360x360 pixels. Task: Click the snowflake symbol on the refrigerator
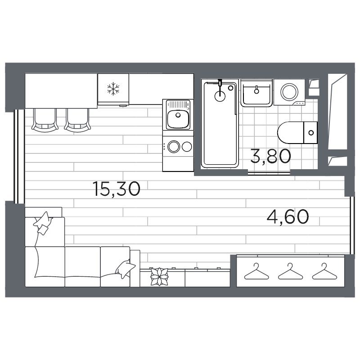click(x=112, y=89)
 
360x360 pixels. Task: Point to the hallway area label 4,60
click(x=288, y=217)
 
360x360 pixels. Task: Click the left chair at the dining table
click(x=45, y=120)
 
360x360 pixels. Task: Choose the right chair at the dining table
click(x=77, y=120)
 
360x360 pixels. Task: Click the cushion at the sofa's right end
click(x=125, y=269)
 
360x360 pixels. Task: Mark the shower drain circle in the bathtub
click(x=220, y=94)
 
